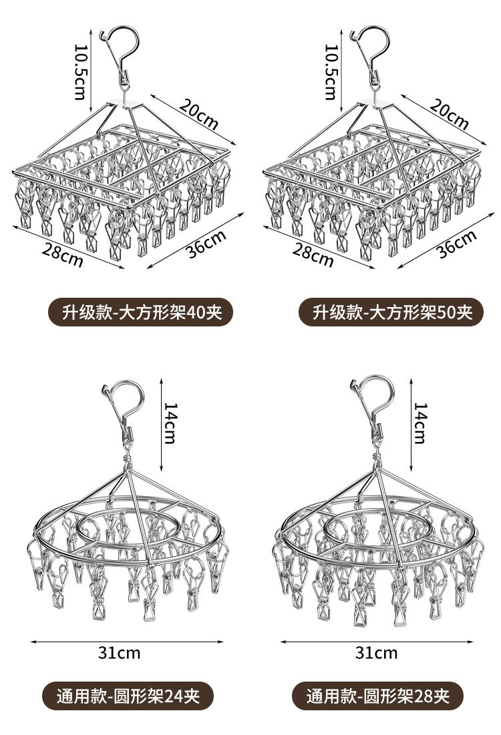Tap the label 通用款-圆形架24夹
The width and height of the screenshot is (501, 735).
tap(126, 696)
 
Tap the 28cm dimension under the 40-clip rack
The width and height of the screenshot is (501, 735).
tap(63, 255)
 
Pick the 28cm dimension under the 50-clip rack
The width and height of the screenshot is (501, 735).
tap(313, 255)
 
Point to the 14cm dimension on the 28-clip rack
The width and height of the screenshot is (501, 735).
tap(420, 423)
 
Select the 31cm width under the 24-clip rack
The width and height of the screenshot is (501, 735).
tap(120, 652)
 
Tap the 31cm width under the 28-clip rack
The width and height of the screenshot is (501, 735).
tap(376, 652)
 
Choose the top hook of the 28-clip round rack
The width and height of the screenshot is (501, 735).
tap(374, 401)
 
